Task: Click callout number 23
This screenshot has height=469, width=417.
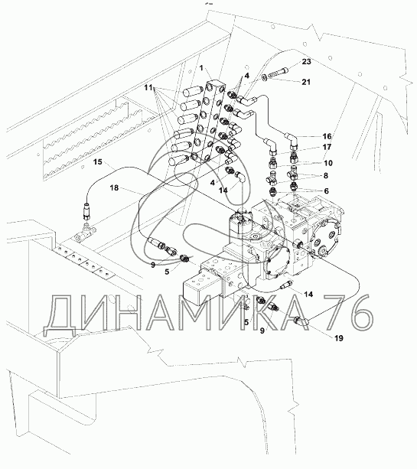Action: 306,62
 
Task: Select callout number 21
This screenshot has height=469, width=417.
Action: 306,82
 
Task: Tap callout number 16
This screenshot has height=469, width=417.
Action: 327,136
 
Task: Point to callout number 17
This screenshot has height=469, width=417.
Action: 327,147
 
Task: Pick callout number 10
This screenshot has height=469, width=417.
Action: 328,163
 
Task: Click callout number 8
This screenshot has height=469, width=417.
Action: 326,175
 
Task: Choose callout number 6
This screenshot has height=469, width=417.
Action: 327,191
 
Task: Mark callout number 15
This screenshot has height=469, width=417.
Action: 98,162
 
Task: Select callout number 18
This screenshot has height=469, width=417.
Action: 114,188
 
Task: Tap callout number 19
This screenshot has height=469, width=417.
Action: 339,338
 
